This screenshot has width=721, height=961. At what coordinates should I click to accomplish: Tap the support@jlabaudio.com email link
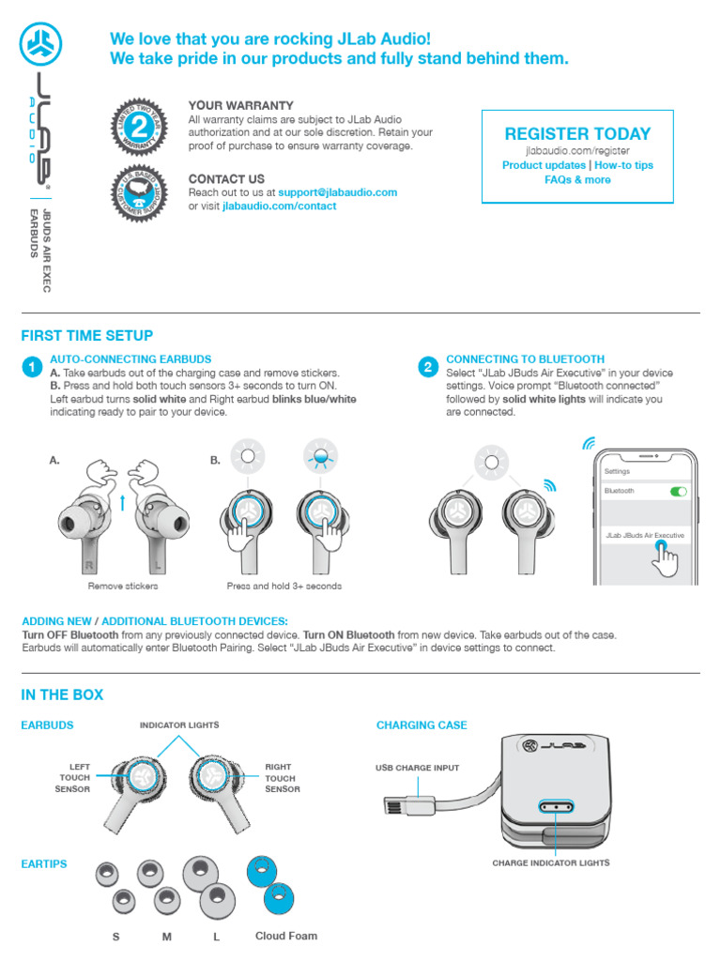(337, 192)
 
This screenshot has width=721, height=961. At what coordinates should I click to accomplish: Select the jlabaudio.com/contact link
(279, 206)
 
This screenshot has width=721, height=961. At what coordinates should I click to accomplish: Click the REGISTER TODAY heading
(577, 133)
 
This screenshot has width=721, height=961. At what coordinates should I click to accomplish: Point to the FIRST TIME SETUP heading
(86, 336)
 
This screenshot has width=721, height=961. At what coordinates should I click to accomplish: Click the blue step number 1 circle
(31, 367)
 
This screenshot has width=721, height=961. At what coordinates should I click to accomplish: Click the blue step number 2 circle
(427, 367)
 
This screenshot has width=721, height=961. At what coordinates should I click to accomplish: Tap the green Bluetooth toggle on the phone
(677, 491)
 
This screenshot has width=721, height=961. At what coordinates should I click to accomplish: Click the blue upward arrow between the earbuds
(122, 502)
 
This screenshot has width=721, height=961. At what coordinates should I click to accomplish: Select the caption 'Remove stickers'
(123, 587)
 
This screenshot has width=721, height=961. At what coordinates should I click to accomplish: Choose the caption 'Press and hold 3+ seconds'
(284, 587)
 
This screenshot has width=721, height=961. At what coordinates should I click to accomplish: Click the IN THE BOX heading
(62, 695)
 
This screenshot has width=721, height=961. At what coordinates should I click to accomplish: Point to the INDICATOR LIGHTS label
(179, 725)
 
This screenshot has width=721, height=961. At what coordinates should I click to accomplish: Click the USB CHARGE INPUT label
(418, 768)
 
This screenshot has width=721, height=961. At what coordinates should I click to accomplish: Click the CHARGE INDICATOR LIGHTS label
(551, 862)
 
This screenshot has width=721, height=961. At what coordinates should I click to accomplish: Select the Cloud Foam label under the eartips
(286, 936)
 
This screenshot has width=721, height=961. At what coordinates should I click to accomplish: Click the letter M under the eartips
(167, 937)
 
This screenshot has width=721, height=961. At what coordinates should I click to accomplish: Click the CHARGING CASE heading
(422, 725)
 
